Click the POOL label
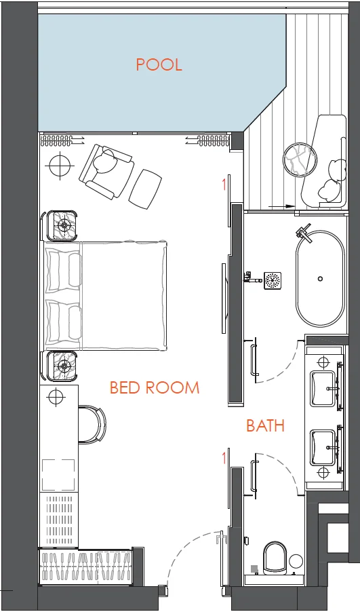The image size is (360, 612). coord(159,64)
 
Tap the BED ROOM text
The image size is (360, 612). coord(155,387)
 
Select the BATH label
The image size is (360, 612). coord(265,425)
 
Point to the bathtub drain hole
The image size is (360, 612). coord(320,279)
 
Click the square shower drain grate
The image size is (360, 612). coord(273,281)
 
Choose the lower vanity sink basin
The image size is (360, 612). coord(323,448)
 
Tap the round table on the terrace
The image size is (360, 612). coord(300,160)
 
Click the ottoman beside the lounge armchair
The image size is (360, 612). coord(145,188)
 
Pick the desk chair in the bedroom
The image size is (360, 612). coord(92,424)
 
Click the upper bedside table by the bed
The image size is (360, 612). coord(62,225)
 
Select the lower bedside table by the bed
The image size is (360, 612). coord(62,366)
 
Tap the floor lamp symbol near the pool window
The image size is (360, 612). coord(60,166)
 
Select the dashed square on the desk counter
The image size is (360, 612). coord(58,475)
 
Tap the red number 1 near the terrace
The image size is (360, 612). coord(224,185)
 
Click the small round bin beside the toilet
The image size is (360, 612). coord(296,561)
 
